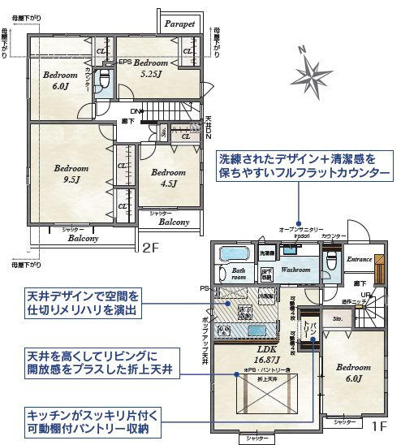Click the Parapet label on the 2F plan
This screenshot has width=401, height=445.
pos(179,24)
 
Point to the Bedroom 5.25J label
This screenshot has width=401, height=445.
pos(150,67)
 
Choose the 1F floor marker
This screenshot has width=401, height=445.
pos(377,424)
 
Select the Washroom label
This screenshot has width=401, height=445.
pos(295,269)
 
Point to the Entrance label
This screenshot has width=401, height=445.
pos(359,259)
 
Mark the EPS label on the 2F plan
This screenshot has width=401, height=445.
pos(126,63)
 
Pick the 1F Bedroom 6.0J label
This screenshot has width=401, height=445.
pos(351,373)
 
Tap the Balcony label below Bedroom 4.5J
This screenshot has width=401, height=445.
pos(174,222)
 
